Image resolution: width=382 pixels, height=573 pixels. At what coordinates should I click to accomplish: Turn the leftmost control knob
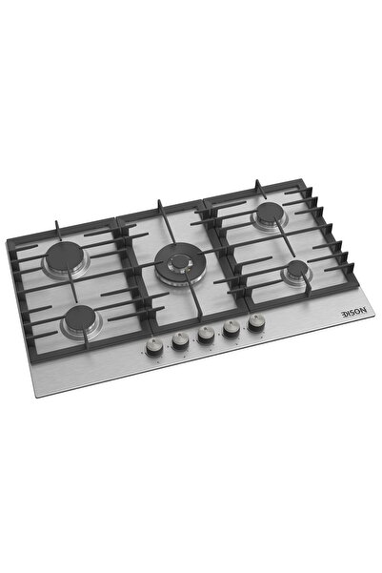[151, 347]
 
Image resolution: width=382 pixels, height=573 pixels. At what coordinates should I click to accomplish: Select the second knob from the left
[178, 340]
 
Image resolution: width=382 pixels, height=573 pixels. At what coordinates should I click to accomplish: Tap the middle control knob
[205, 335]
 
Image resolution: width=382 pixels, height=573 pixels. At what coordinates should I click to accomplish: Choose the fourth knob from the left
[230, 329]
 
